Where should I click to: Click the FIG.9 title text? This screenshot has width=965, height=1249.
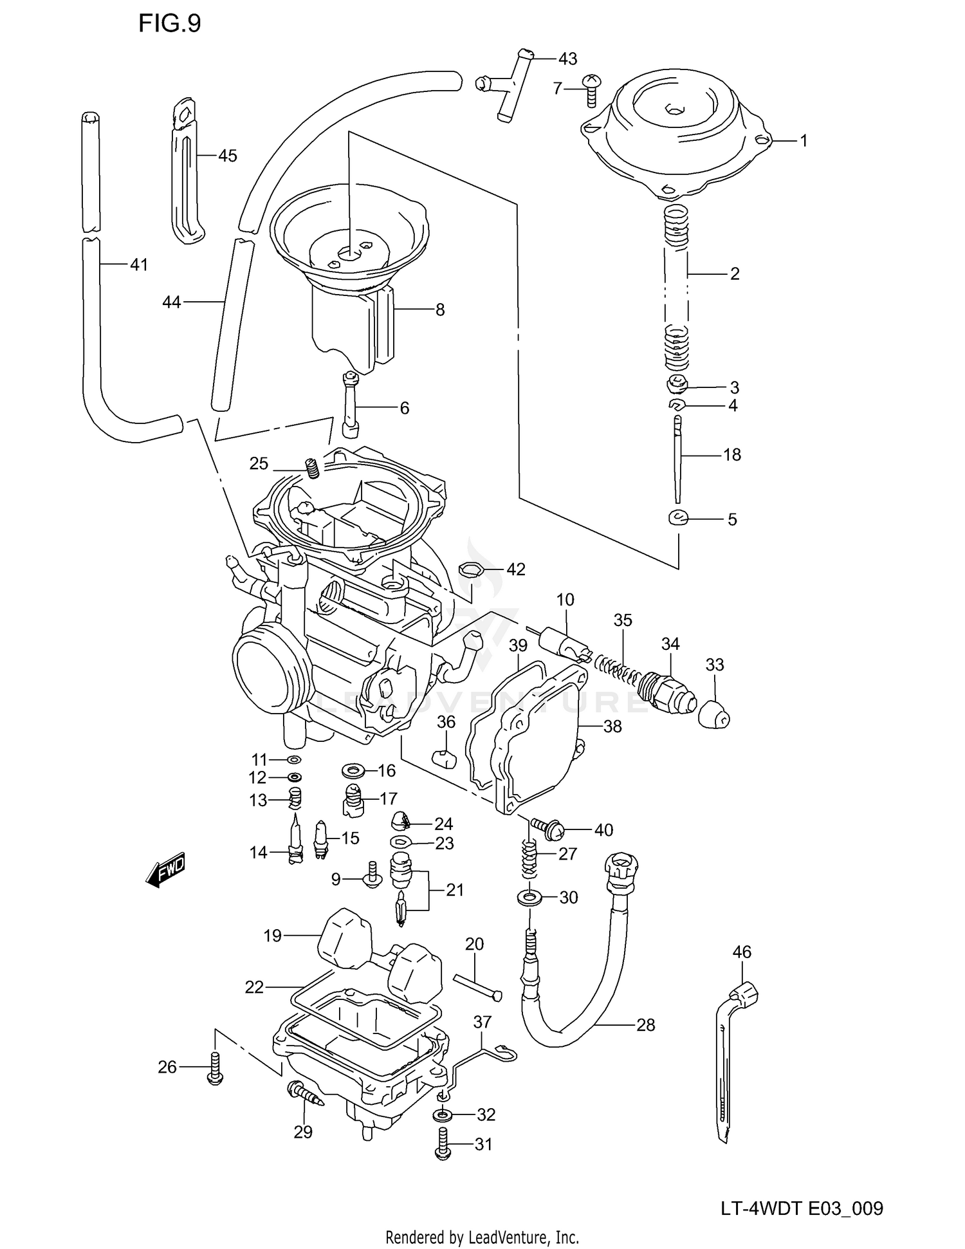170,24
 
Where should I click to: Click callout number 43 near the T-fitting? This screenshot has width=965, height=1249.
567,59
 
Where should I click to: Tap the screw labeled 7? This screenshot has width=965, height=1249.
590,89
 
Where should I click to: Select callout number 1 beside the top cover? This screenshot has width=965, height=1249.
803,140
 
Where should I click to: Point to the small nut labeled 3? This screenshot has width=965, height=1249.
677,385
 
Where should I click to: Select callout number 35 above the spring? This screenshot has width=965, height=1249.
623,620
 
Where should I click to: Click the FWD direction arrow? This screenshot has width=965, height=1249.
166,870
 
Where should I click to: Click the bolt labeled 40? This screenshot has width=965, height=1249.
547,829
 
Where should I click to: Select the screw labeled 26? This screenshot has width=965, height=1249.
215,1069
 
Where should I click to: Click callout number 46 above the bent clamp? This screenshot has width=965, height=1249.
742,952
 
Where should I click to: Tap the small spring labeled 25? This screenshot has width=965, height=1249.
312,468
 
